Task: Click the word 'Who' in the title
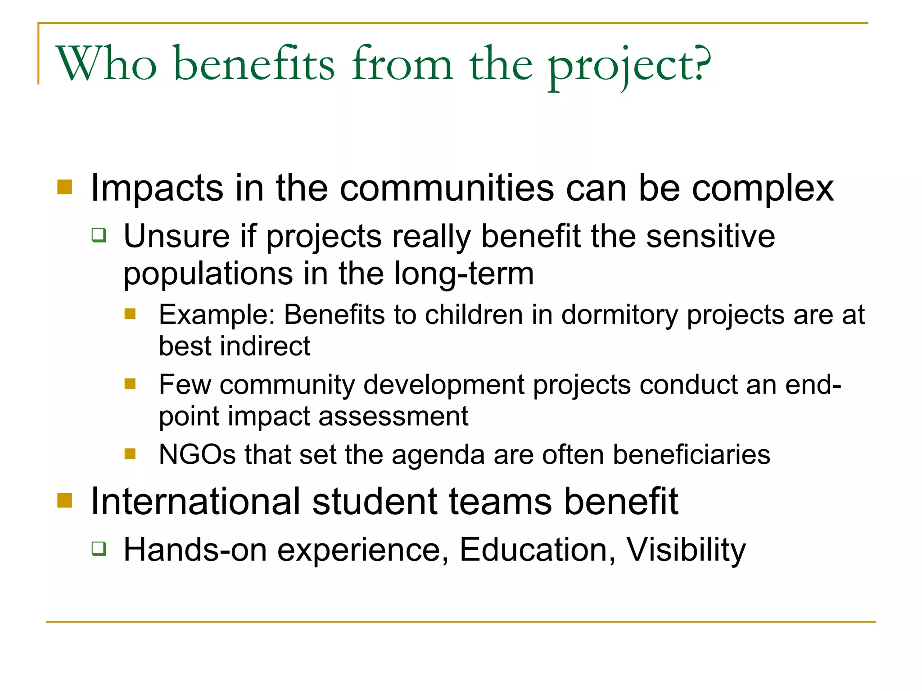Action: pos(106,64)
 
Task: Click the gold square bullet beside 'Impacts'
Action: pos(65,187)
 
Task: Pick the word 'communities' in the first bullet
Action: pos(447,188)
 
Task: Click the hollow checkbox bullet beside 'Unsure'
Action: pos(99,235)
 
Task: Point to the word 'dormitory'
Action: pos(619,315)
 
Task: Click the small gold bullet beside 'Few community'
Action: pos(130,384)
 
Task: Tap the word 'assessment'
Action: pos(393,416)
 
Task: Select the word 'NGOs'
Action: pos(197,454)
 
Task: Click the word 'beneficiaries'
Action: pos(691,454)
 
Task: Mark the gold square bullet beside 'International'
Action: pos(65,500)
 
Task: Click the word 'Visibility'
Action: pos(686,550)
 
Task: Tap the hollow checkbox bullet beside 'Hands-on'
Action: pos(99,548)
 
